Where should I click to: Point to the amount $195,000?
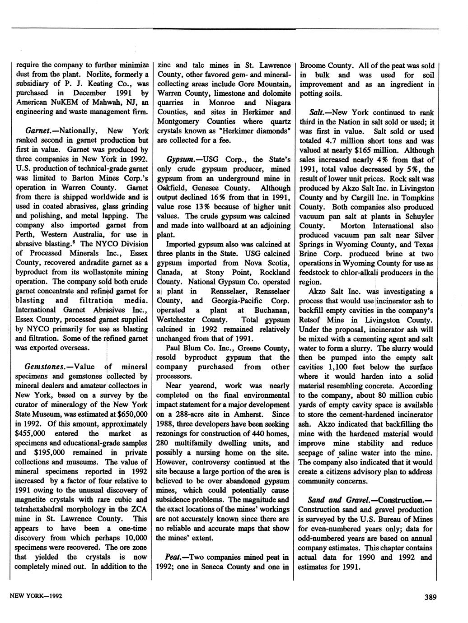(50, 452)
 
